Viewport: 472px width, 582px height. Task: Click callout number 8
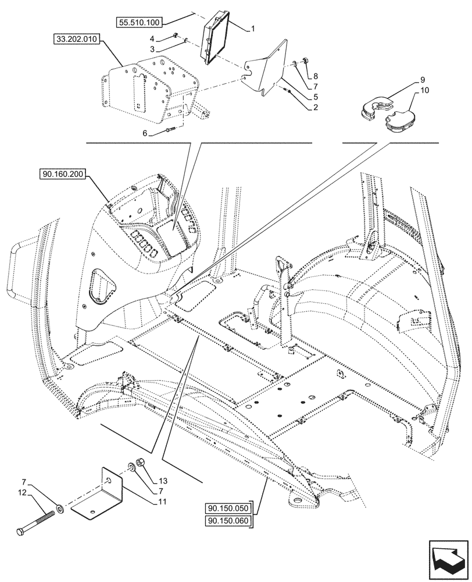tap(315, 76)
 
